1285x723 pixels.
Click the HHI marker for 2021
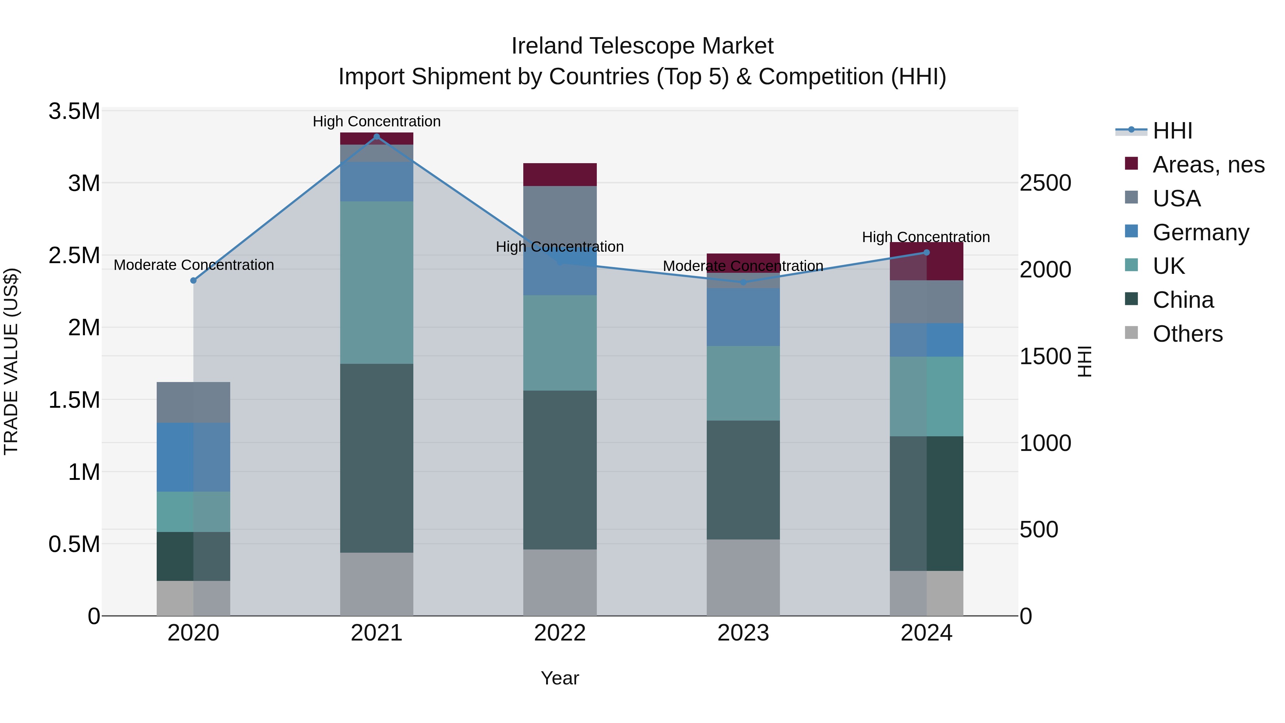pos(377,137)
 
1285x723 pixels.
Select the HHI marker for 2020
pos(193,280)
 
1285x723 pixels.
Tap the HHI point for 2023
pos(743,282)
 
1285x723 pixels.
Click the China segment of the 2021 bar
pos(377,458)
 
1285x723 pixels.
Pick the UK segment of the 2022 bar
pos(560,343)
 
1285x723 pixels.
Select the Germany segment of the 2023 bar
pos(743,317)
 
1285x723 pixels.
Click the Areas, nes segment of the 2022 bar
pos(560,175)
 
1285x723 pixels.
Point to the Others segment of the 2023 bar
pos(743,577)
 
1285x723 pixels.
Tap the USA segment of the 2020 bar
pos(193,402)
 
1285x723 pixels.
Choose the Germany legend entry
pos(1200,232)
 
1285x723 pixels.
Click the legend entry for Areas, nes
pos(1208,165)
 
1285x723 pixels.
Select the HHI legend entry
pos(1172,131)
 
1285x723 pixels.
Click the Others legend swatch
pos(1132,333)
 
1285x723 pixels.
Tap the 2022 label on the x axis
pos(560,633)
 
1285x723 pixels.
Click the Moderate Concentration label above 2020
pos(193,265)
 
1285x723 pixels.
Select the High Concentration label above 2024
pos(926,237)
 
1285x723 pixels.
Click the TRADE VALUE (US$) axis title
pos(11,361)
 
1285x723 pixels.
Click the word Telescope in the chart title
pos(642,46)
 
